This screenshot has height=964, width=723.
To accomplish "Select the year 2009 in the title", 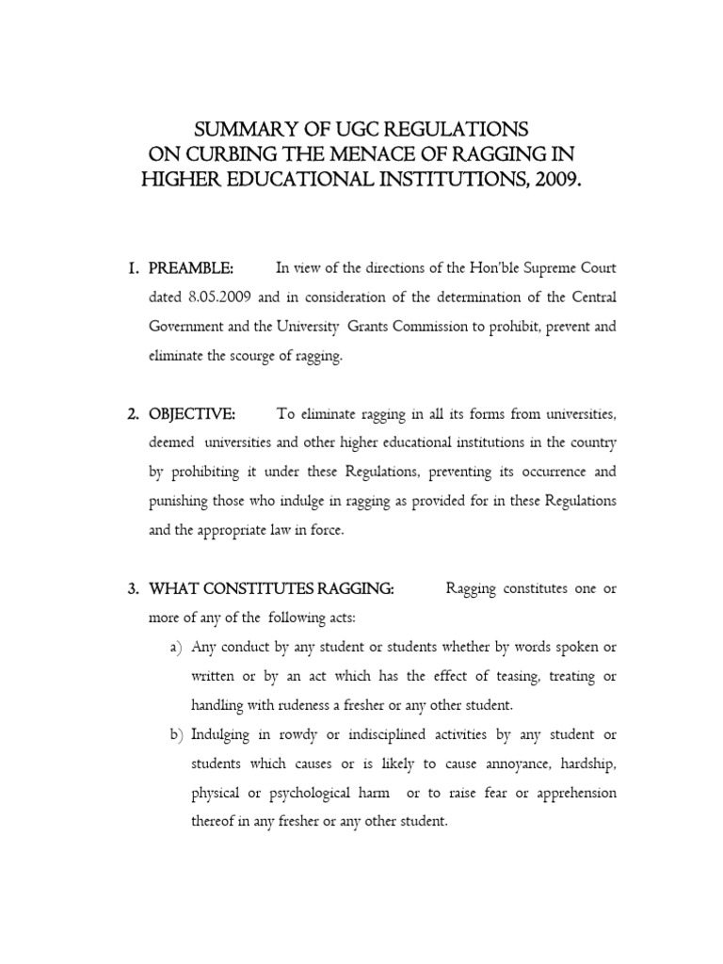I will [555, 179].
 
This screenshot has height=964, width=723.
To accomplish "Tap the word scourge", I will [273, 358].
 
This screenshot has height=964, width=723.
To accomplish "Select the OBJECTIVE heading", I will [192, 413].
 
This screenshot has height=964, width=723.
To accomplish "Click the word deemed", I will [171, 442].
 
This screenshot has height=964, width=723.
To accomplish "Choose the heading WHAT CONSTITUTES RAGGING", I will [271, 589].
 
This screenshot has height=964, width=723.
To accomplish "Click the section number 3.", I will [133, 589].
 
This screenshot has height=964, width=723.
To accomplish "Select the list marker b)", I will [176, 734].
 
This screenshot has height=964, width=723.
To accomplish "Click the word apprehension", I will [575, 792].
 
